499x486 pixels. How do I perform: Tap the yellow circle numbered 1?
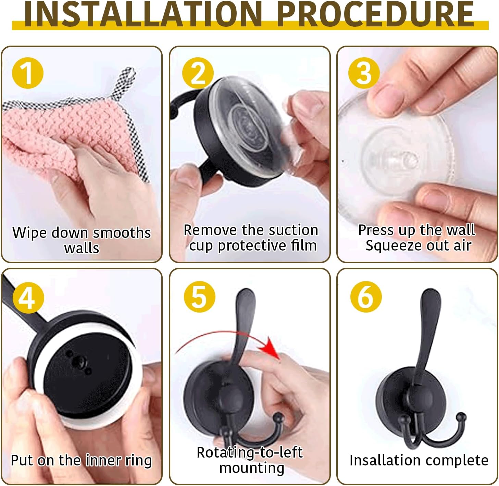[x=27, y=73]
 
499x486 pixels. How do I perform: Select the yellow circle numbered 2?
[x=198, y=73]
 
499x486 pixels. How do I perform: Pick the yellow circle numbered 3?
[x=364, y=73]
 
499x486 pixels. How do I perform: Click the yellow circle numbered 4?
[x=28, y=297]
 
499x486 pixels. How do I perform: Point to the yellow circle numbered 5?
[x=199, y=296]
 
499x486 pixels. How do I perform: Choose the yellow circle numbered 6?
[x=366, y=296]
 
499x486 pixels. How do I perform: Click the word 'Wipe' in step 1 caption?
[x=29, y=233]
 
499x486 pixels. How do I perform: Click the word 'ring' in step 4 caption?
[x=138, y=460]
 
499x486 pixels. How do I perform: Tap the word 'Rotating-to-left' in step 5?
[x=250, y=452]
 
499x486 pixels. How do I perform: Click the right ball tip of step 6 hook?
[x=462, y=418]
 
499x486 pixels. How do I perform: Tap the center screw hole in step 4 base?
[x=82, y=360]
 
